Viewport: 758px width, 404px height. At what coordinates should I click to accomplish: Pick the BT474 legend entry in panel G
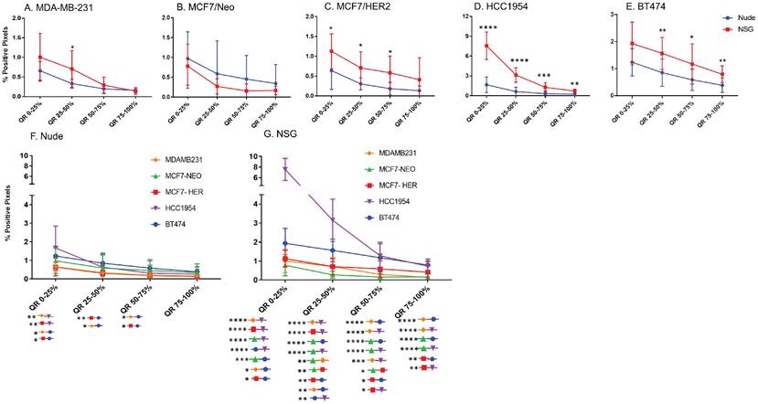pos(406,218)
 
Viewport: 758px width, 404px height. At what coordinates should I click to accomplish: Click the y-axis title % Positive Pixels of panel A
pos(8,62)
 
